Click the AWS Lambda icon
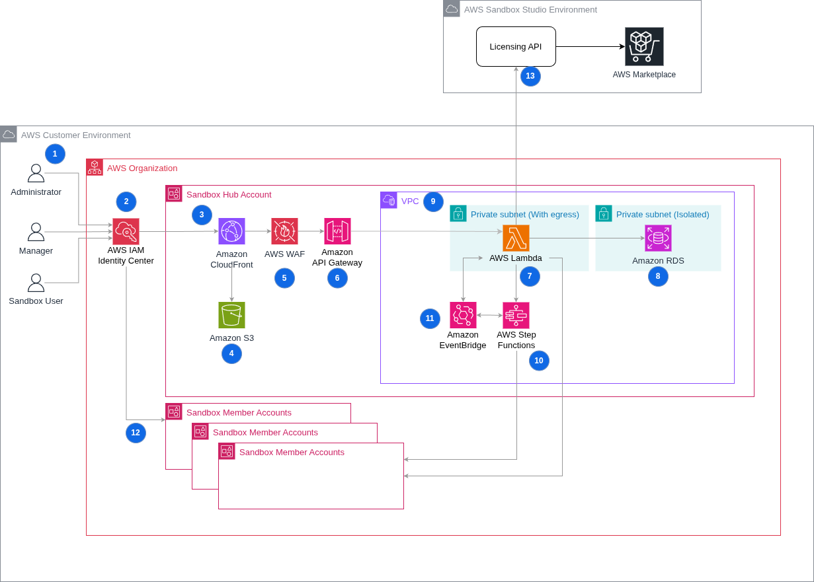[516, 238]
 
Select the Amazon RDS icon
[658, 238]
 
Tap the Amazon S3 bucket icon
[231, 315]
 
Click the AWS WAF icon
[284, 231]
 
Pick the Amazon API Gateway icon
[337, 231]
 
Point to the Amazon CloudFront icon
[231, 231]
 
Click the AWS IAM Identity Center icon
[126, 231]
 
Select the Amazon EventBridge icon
[463, 315]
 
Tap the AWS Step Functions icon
[516, 315]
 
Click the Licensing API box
[516, 46]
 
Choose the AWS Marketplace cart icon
[644, 46]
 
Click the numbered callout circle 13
[530, 76]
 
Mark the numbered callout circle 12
[136, 433]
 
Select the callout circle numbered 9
[433, 201]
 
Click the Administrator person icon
[36, 173]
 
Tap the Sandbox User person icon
[36, 283]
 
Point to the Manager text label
[36, 251]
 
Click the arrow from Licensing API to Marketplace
[589, 47]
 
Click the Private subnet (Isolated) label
[663, 214]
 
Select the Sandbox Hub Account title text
[229, 194]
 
